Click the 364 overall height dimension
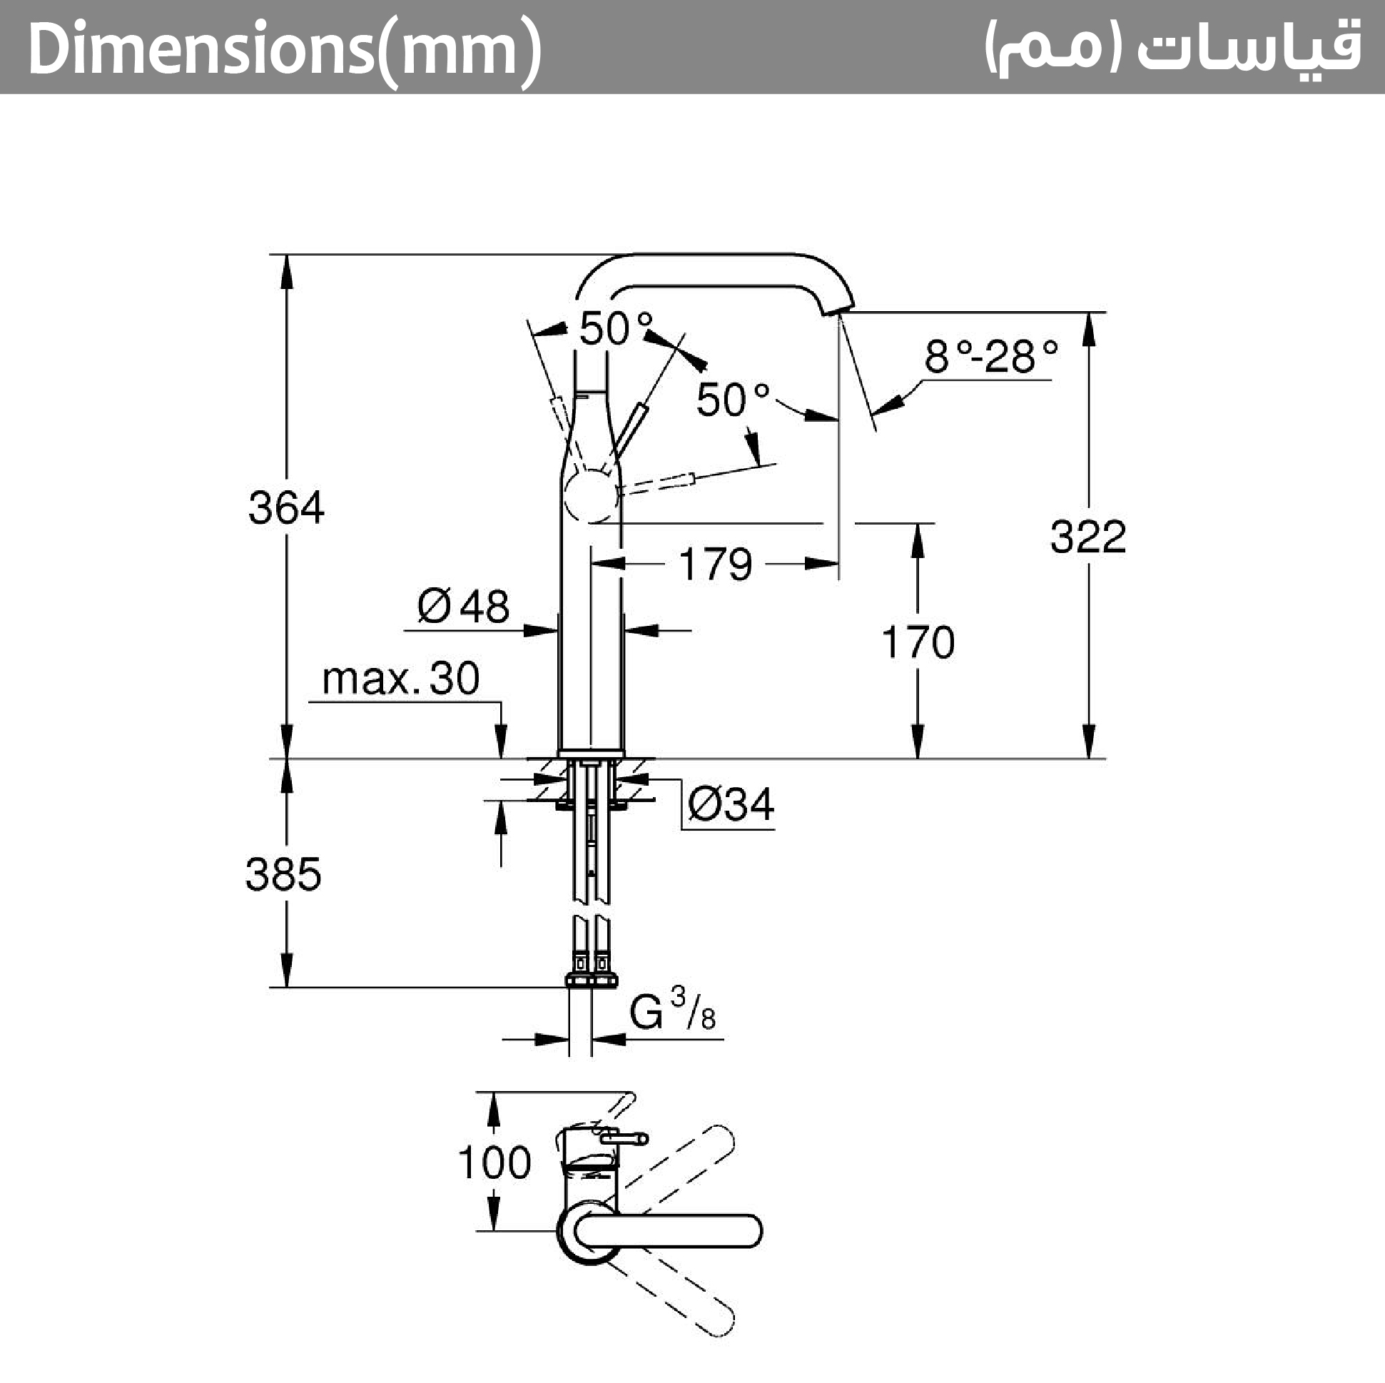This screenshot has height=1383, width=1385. click(286, 507)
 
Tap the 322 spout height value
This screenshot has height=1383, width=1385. click(1087, 537)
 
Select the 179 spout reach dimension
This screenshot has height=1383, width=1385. click(715, 564)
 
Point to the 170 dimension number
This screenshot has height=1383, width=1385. click(918, 642)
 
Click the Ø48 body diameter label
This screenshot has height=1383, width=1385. click(463, 607)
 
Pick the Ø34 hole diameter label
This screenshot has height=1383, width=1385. click(731, 804)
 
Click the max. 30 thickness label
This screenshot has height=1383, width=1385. click(401, 678)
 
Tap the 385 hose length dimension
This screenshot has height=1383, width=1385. click(283, 875)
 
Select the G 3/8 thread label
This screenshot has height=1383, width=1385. click(671, 1010)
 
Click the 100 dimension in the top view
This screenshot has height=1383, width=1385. click(494, 1162)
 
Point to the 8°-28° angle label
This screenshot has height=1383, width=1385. click(990, 356)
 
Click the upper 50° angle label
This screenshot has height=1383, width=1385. click(616, 329)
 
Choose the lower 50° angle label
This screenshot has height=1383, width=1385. click(732, 400)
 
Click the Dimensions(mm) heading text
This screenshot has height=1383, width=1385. click(285, 49)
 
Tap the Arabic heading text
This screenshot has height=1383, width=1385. click(1172, 47)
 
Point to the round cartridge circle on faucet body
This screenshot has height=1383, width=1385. click(589, 496)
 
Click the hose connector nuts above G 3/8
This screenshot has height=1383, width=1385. click(591, 979)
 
